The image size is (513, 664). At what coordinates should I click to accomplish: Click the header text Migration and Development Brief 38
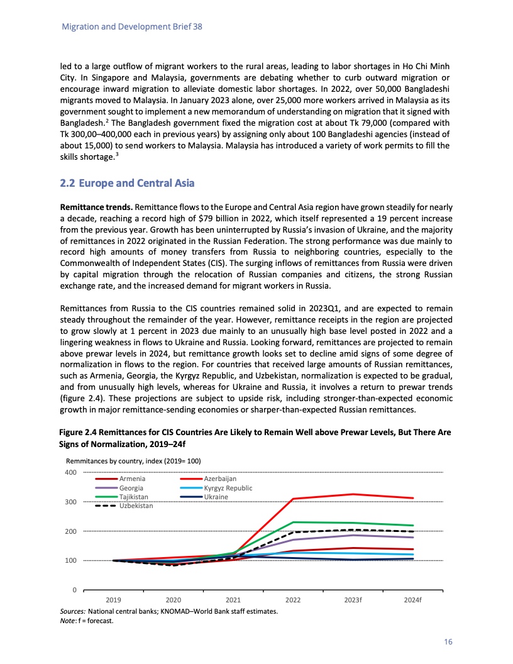click(131, 28)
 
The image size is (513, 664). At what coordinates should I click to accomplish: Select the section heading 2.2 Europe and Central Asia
click(126, 184)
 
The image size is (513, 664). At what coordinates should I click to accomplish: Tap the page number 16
click(448, 642)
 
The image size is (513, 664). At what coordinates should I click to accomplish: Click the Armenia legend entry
click(132, 480)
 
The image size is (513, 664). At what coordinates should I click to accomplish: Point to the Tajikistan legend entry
click(134, 497)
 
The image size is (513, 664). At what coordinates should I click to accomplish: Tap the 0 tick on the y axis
click(74, 590)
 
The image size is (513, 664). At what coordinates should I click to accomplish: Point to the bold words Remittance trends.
click(96, 206)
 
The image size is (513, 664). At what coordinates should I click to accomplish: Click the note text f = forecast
click(99, 621)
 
